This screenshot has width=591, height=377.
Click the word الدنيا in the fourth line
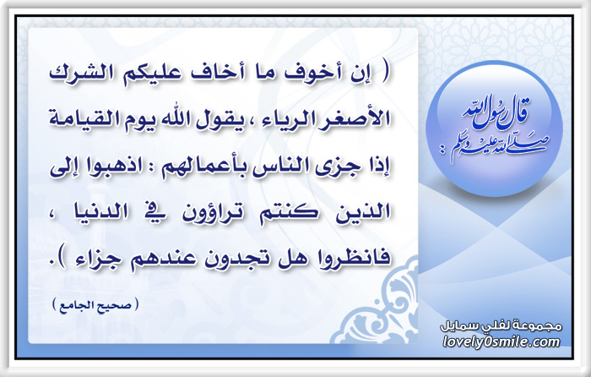pyautogui.click(x=100, y=212)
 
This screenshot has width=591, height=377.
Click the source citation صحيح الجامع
pyautogui.click(x=95, y=303)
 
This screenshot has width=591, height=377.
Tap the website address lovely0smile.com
pyautogui.click(x=502, y=342)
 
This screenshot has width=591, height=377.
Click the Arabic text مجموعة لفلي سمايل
pyautogui.click(x=502, y=326)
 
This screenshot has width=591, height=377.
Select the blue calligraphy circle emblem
pyautogui.click(x=494, y=128)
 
